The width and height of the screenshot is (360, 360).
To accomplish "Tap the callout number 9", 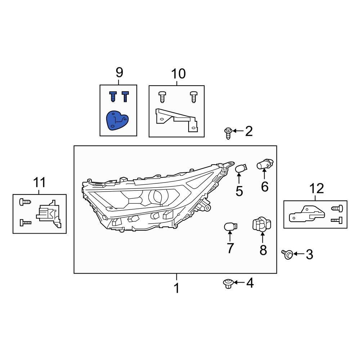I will tap(119, 72).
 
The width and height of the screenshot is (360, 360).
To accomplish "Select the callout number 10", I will tap(178, 74).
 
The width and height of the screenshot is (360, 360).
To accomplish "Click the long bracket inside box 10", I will tap(176, 119).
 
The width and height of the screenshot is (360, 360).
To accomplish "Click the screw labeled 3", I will tap(287, 255).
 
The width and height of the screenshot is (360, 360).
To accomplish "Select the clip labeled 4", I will tap(227, 284).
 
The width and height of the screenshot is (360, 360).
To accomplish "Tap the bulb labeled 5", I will tap(241, 168).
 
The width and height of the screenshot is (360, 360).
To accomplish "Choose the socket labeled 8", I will tap(262, 225).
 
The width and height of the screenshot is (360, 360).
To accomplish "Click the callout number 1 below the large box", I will tap(176, 288).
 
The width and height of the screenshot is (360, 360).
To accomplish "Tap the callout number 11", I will tap(40, 183).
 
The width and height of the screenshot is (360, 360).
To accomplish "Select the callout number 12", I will tap(316, 188).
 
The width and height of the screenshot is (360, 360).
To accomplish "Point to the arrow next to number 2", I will tap(237, 131).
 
